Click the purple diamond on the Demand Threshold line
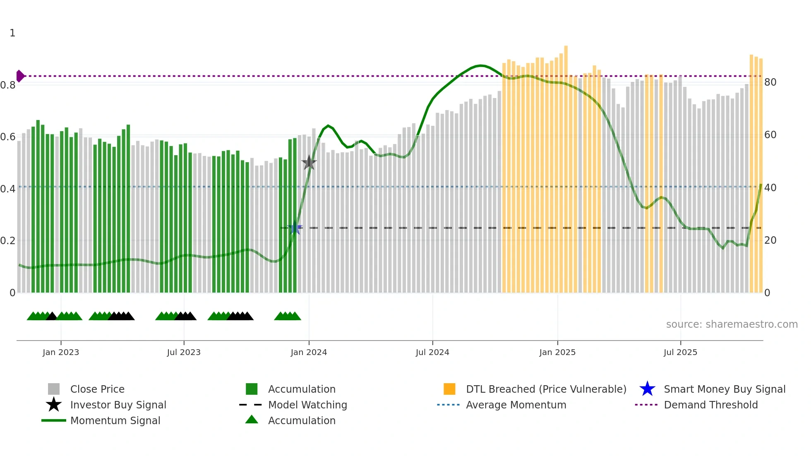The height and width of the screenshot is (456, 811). [20, 76]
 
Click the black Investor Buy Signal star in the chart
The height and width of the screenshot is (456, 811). [309, 163]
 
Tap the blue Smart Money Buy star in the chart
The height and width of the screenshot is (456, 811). [295, 228]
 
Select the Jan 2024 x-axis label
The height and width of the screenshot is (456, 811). [309, 352]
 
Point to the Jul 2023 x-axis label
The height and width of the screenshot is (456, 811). [184, 352]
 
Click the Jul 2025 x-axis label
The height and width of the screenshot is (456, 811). [680, 352]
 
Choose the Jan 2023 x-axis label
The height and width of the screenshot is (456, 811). [61, 352]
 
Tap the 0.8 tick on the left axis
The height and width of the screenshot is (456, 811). [8, 85]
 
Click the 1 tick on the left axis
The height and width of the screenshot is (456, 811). [12, 33]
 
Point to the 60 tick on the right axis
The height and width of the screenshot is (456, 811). [770, 135]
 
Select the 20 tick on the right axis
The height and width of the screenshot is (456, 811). [770, 240]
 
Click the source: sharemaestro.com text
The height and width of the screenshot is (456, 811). [732, 324]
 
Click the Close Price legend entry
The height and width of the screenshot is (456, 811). [97, 389]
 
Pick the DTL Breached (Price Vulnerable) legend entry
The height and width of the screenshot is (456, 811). [546, 389]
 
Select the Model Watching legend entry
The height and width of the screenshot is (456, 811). [307, 405]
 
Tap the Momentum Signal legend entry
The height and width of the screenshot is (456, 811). [115, 420]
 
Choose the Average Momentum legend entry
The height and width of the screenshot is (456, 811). [516, 405]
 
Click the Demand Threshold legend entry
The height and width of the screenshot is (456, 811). [710, 405]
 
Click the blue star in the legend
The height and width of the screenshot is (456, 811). [647, 389]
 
